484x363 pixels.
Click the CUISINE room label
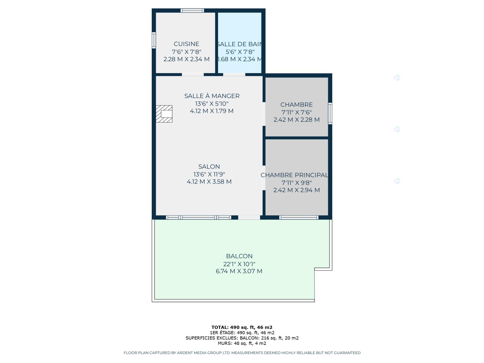click(186, 44)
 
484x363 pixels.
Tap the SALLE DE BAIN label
click(239, 44)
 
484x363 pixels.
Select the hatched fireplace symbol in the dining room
click(164, 114)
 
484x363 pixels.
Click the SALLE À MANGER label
click(212, 96)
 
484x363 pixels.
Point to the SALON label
click(209, 167)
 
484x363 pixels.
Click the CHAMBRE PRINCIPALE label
click(294, 175)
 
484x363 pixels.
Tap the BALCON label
click(239, 256)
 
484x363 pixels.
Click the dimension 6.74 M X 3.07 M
click(239, 271)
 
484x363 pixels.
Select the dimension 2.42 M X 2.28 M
click(296, 120)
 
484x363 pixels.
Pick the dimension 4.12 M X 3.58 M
click(209, 182)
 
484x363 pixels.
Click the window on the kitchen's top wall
click(192, 11)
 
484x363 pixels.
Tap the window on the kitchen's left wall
click(154, 40)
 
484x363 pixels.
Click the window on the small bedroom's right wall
click(330, 113)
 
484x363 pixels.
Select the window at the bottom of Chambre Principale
click(299, 217)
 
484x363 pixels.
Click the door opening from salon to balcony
click(249, 217)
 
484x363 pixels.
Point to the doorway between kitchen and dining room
click(193, 75)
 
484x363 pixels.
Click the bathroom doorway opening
click(234, 75)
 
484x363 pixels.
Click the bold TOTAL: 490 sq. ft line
click(242, 327)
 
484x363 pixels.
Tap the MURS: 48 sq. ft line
click(242, 343)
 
